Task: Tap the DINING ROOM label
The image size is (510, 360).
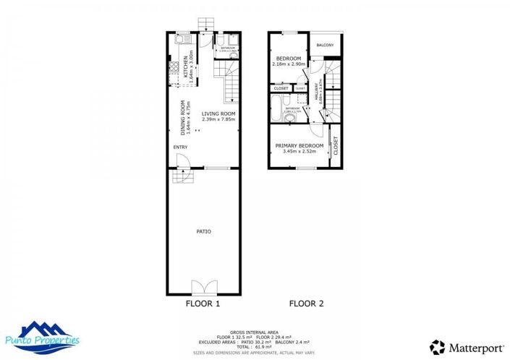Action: [182, 117]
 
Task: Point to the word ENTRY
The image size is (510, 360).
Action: [180, 147]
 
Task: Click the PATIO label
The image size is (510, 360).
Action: [204, 231]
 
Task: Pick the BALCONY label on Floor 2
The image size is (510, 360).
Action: [326, 46]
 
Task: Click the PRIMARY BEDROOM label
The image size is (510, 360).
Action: [298, 145]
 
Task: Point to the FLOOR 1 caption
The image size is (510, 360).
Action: [203, 304]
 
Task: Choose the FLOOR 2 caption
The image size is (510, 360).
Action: [307, 304]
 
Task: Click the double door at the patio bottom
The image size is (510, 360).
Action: [203, 286]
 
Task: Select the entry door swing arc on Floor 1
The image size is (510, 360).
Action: [183, 162]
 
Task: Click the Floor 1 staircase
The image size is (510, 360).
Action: [229, 81]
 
